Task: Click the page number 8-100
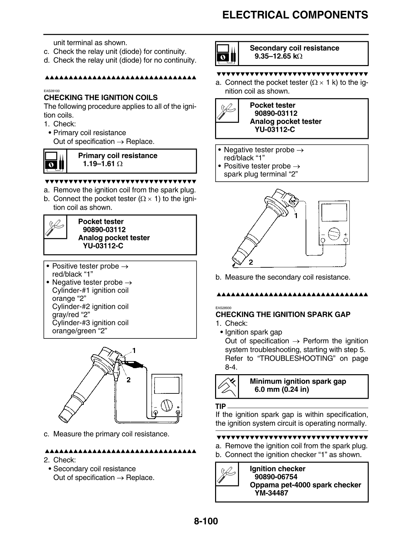(x=206, y=521)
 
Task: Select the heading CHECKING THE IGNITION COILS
(x=101, y=98)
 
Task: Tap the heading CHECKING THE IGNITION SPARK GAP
(x=283, y=315)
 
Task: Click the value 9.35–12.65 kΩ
(x=278, y=56)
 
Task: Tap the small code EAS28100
(x=52, y=91)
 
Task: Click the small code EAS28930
(x=223, y=307)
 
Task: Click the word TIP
(x=220, y=407)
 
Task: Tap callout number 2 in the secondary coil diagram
(x=251, y=262)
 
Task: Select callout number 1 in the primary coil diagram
(x=134, y=351)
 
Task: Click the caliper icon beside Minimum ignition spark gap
(x=227, y=386)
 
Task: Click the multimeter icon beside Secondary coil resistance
(x=227, y=54)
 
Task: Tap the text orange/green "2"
(x=79, y=331)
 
